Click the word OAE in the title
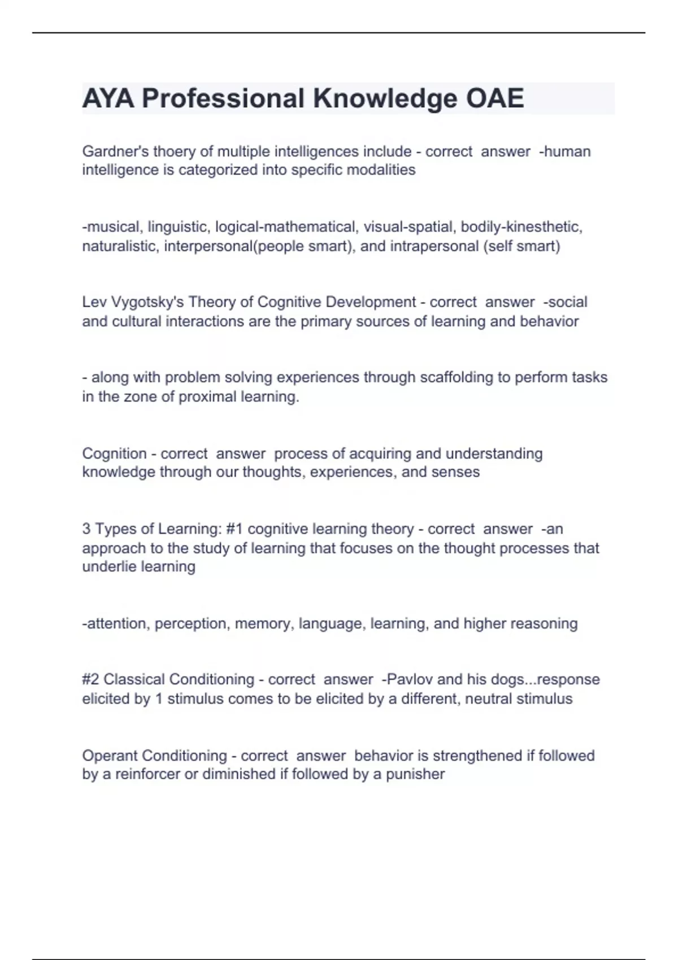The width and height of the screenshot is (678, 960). click(494, 98)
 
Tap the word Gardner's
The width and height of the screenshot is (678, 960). click(115, 151)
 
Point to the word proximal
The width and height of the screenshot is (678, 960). click(207, 396)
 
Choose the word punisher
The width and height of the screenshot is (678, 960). click(415, 774)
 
